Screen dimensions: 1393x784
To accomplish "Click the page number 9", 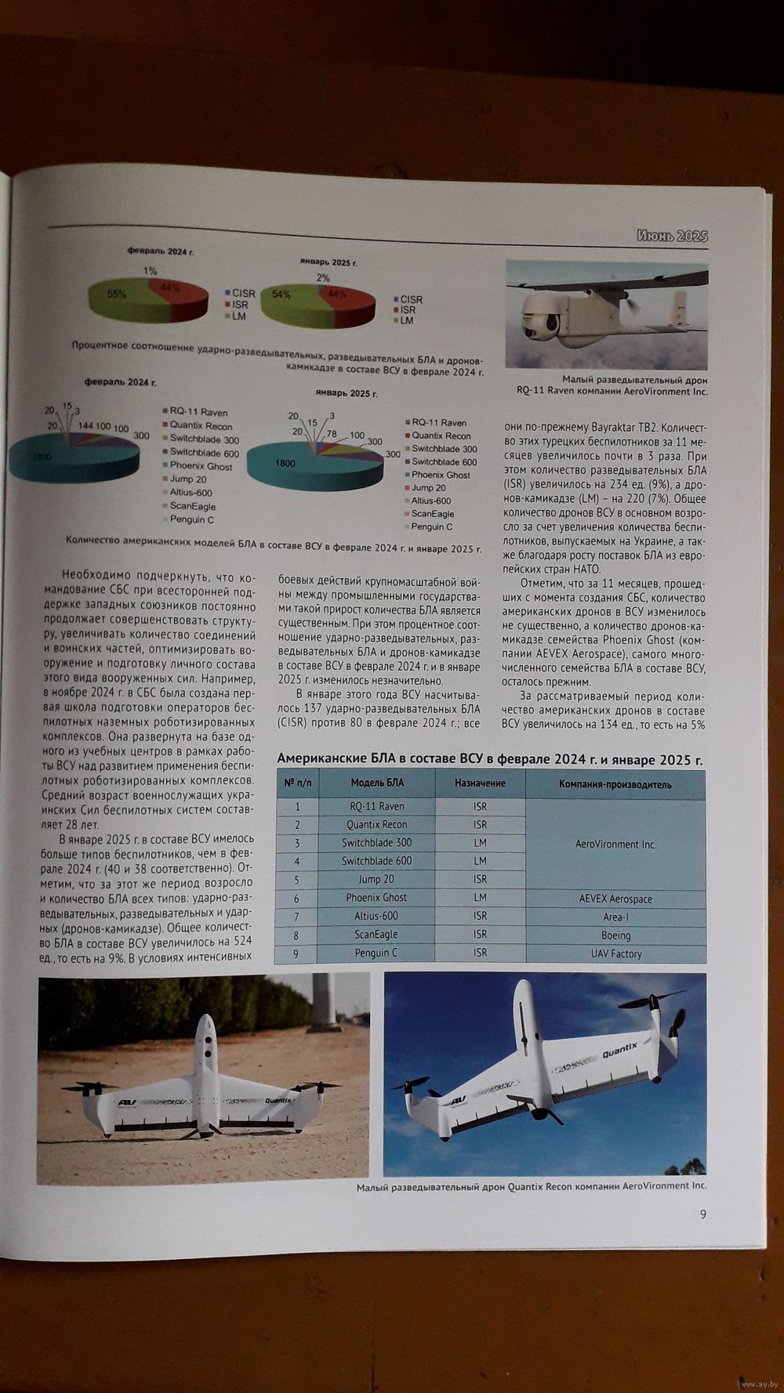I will click(702, 1214).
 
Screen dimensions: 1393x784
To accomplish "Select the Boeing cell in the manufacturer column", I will click(615, 935).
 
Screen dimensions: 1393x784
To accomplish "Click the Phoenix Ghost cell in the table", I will click(376, 898).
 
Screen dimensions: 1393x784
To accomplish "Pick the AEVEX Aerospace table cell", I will click(615, 899).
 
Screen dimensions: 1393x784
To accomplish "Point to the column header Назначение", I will click(480, 783).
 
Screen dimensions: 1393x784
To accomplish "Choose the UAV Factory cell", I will click(615, 953).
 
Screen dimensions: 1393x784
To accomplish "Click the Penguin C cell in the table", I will click(376, 953).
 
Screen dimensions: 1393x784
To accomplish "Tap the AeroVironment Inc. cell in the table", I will click(615, 845).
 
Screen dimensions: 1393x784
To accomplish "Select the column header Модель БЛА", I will click(376, 783).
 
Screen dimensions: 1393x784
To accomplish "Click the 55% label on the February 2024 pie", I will click(117, 294).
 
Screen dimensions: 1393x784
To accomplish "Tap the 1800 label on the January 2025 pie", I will click(285, 463).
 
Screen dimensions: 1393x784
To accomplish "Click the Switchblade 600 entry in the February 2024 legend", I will click(204, 453).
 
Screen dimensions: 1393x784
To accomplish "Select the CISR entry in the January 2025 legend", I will click(411, 299).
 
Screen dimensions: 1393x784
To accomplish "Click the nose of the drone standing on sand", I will click(205, 1022).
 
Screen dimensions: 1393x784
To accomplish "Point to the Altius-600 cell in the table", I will click(376, 916).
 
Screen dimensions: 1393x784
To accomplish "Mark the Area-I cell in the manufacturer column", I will click(615, 917).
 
